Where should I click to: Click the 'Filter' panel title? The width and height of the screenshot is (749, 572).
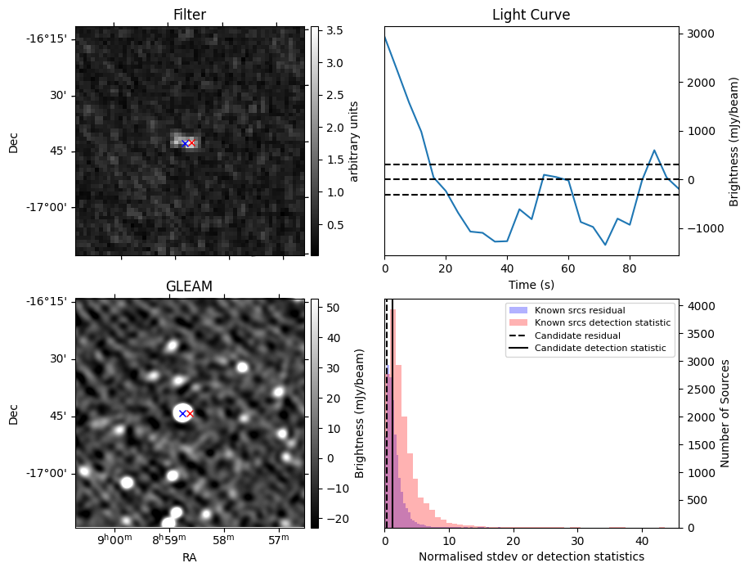coord(190,15)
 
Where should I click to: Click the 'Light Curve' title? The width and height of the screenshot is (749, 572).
coord(531,15)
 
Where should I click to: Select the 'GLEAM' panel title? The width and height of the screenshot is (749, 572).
coord(190,286)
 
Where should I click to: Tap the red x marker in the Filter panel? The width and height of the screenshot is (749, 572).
coord(192,143)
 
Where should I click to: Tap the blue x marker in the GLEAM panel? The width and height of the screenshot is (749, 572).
coord(182,413)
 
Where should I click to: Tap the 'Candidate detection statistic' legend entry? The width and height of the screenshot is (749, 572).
coord(599,349)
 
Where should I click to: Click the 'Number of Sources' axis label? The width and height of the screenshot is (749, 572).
coord(725,413)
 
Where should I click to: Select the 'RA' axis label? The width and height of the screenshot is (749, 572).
coord(190,557)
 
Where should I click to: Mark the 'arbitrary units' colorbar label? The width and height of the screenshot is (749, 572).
coord(354,141)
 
